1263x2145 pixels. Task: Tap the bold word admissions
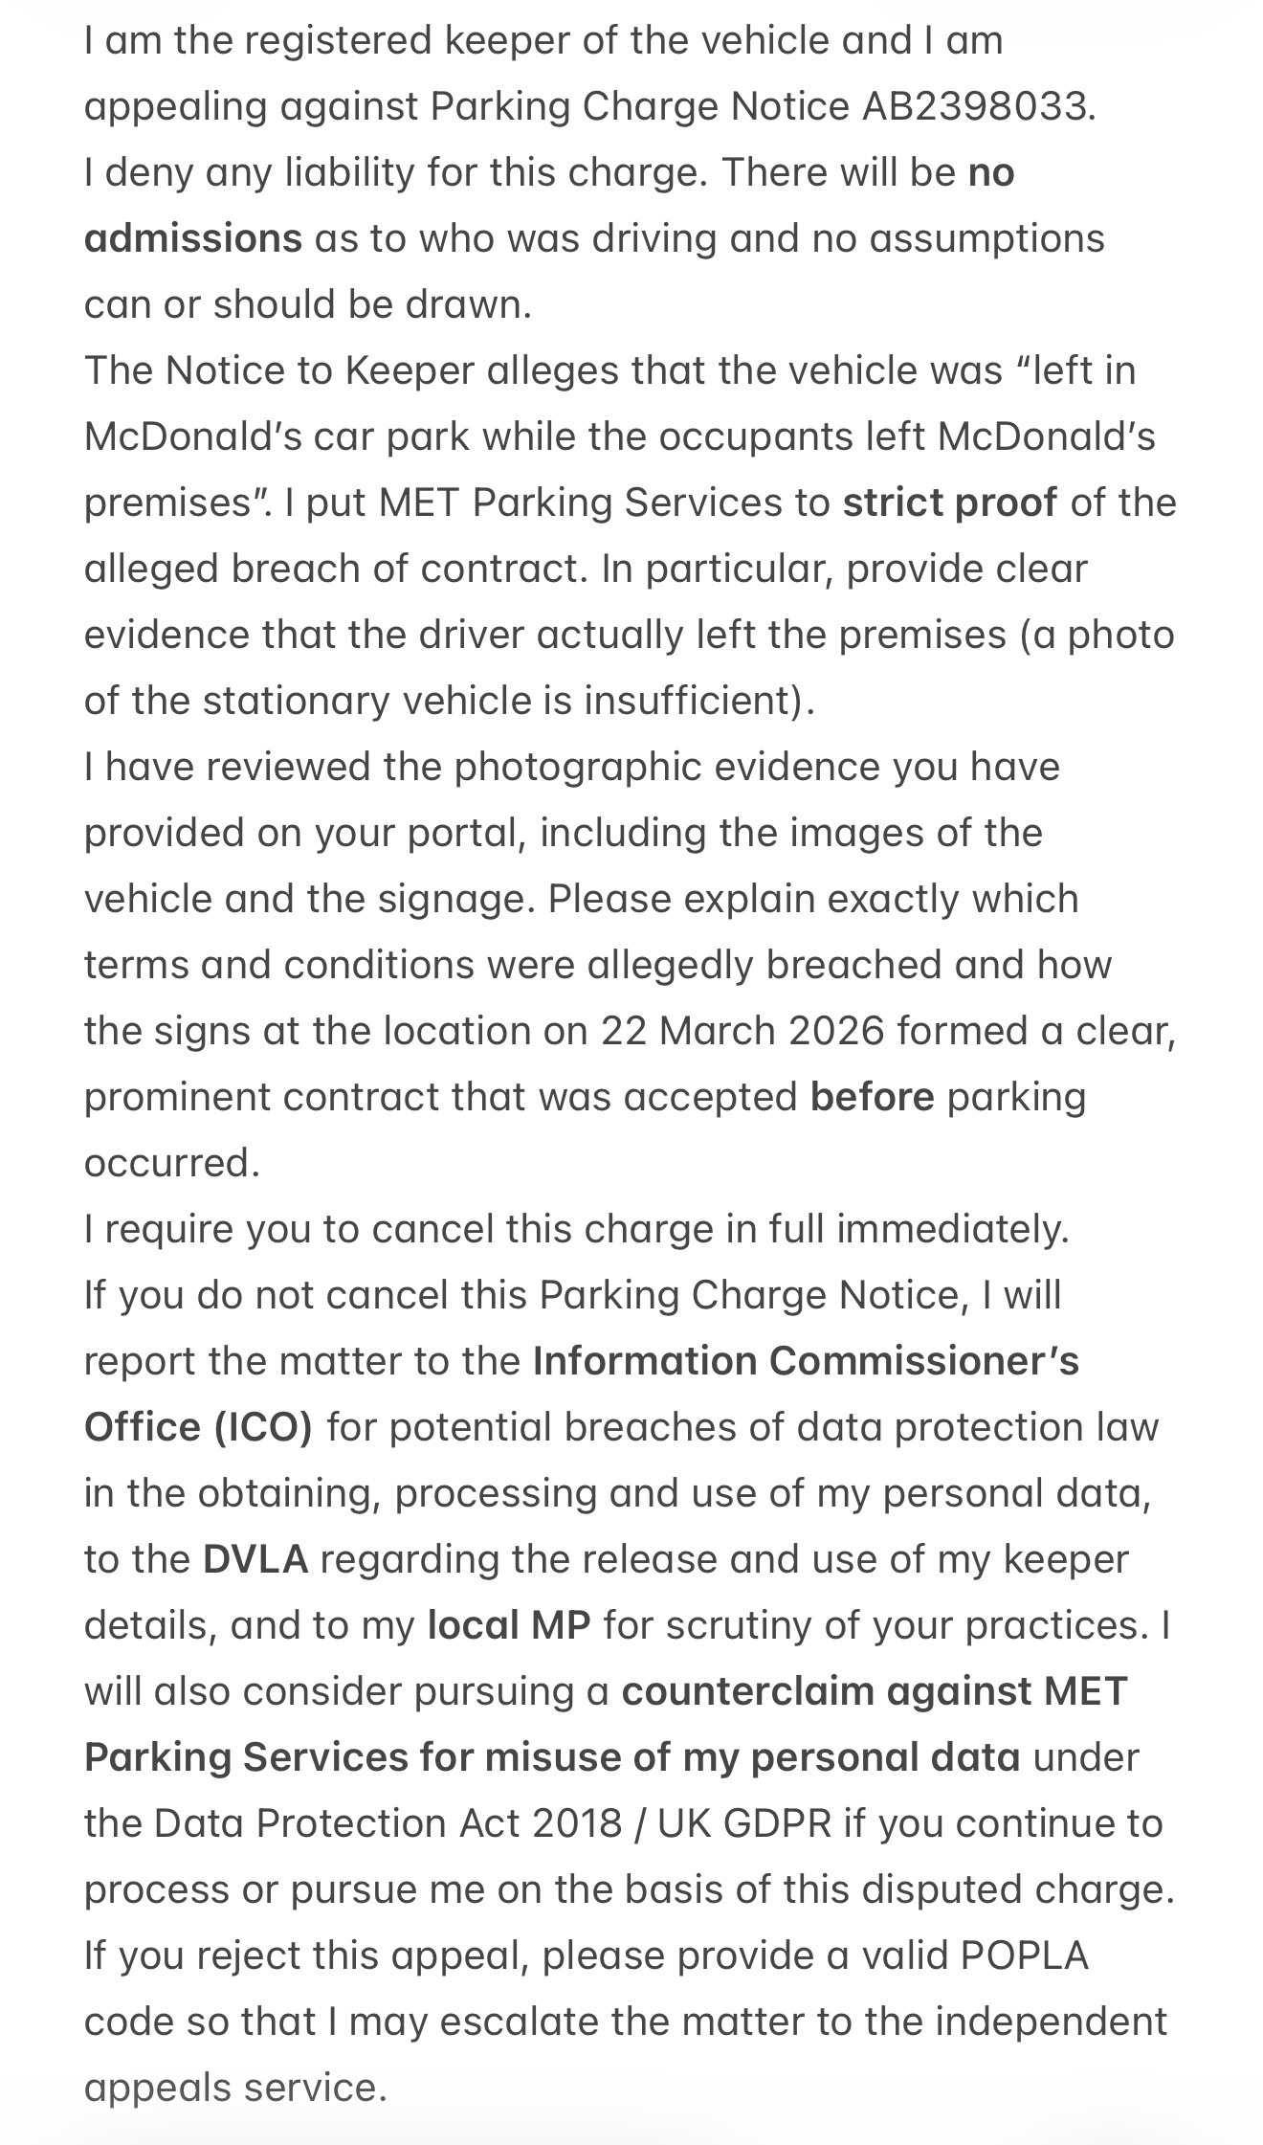click(x=192, y=239)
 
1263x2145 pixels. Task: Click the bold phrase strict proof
click(x=949, y=503)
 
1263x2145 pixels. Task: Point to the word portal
click(x=466, y=834)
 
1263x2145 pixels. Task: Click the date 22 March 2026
click(x=742, y=1032)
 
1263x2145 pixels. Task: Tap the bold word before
click(x=872, y=1098)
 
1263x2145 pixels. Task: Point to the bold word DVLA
click(x=255, y=1560)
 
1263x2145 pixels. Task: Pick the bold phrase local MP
click(x=508, y=1626)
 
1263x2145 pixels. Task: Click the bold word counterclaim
click(x=747, y=1692)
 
